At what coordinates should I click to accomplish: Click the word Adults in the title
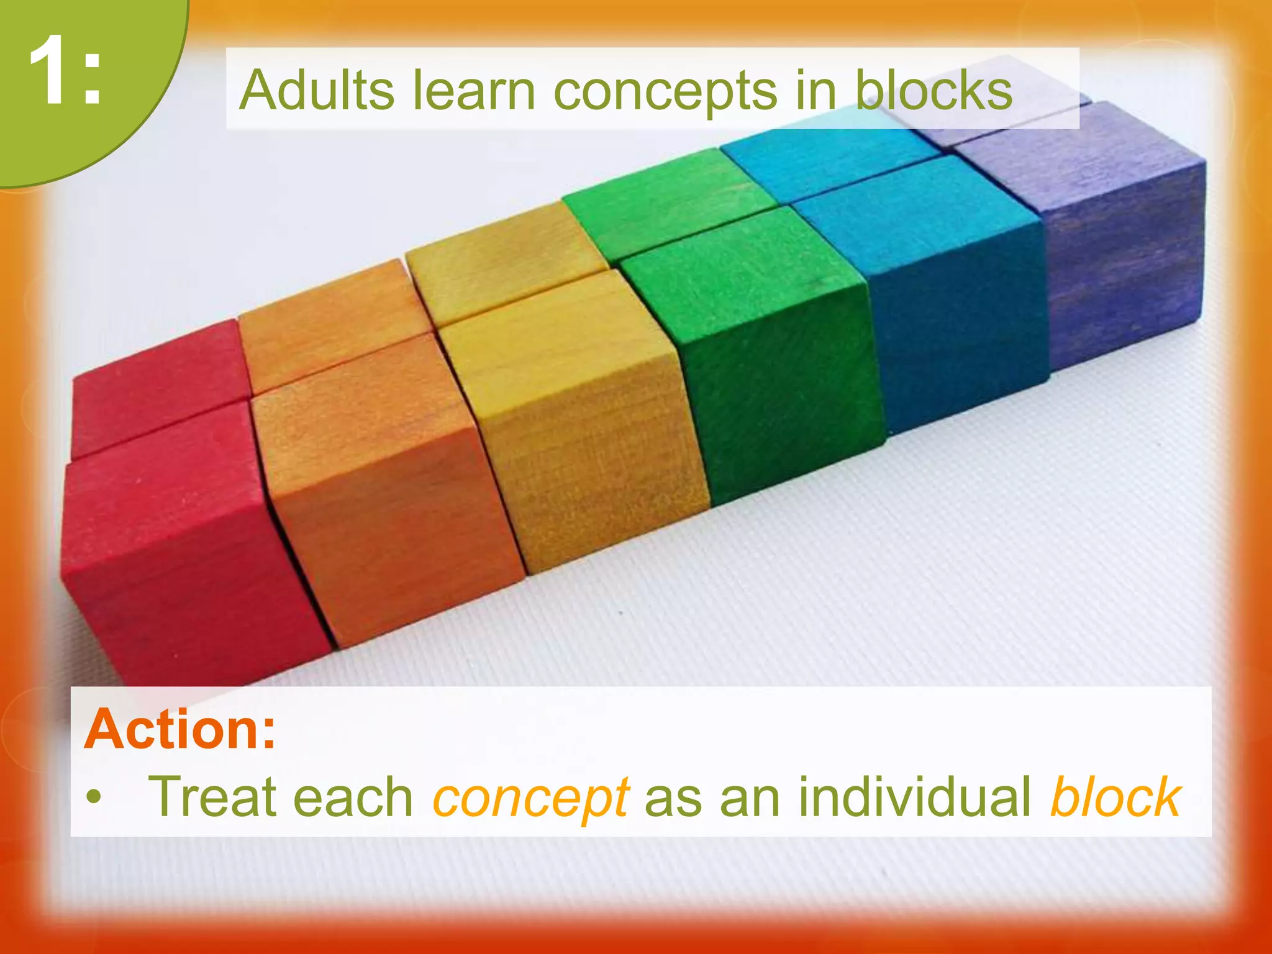317,90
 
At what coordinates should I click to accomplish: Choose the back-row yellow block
503,273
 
